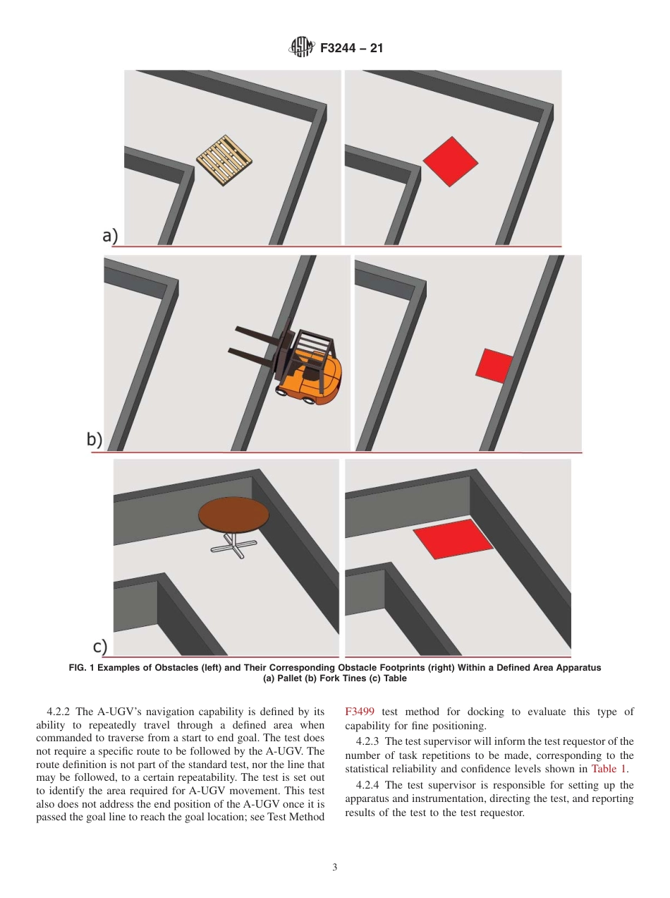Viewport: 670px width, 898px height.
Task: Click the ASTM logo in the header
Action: [301, 48]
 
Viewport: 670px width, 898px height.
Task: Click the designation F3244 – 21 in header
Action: [351, 49]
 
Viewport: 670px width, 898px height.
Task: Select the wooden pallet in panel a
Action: [224, 160]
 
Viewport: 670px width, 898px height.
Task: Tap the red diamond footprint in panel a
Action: [451, 162]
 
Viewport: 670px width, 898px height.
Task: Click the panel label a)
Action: [110, 236]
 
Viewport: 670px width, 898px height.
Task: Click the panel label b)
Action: [95, 439]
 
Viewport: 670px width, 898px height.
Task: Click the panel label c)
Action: [100, 646]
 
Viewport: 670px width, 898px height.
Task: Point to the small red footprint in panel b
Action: [494, 365]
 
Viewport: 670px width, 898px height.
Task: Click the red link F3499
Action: [360, 712]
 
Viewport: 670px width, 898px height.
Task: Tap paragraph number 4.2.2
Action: [59, 712]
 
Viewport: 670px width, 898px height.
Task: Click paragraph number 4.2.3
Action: [368, 741]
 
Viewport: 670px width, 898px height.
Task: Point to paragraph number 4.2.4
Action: [368, 784]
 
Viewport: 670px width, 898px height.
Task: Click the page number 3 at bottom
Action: [335, 868]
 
